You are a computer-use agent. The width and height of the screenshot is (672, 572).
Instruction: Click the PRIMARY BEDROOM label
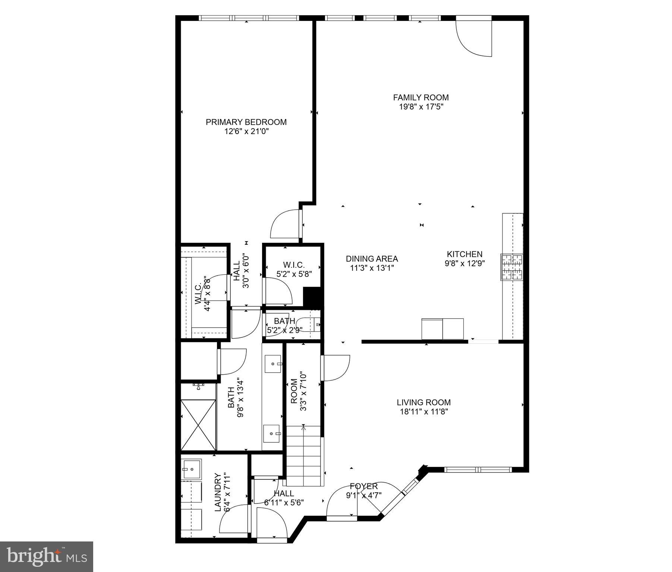click(246, 122)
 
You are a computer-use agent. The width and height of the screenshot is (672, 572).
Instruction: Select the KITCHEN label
click(464, 254)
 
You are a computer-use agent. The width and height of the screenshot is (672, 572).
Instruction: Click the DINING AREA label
click(372, 258)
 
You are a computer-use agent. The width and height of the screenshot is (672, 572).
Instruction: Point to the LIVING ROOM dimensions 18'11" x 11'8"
click(423, 411)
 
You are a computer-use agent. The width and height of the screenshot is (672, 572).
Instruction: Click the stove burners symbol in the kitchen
click(512, 267)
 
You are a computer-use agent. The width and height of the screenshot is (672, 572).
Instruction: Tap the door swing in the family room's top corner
click(474, 37)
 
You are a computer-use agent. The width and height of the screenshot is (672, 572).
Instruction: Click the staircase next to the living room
click(303, 456)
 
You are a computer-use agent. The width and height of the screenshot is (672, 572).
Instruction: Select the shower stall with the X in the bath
click(198, 425)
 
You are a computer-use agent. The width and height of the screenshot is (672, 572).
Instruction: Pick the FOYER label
click(364, 486)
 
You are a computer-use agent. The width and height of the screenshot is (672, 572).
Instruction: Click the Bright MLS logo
click(47, 556)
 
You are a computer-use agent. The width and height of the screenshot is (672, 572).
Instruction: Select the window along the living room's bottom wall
click(479, 470)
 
